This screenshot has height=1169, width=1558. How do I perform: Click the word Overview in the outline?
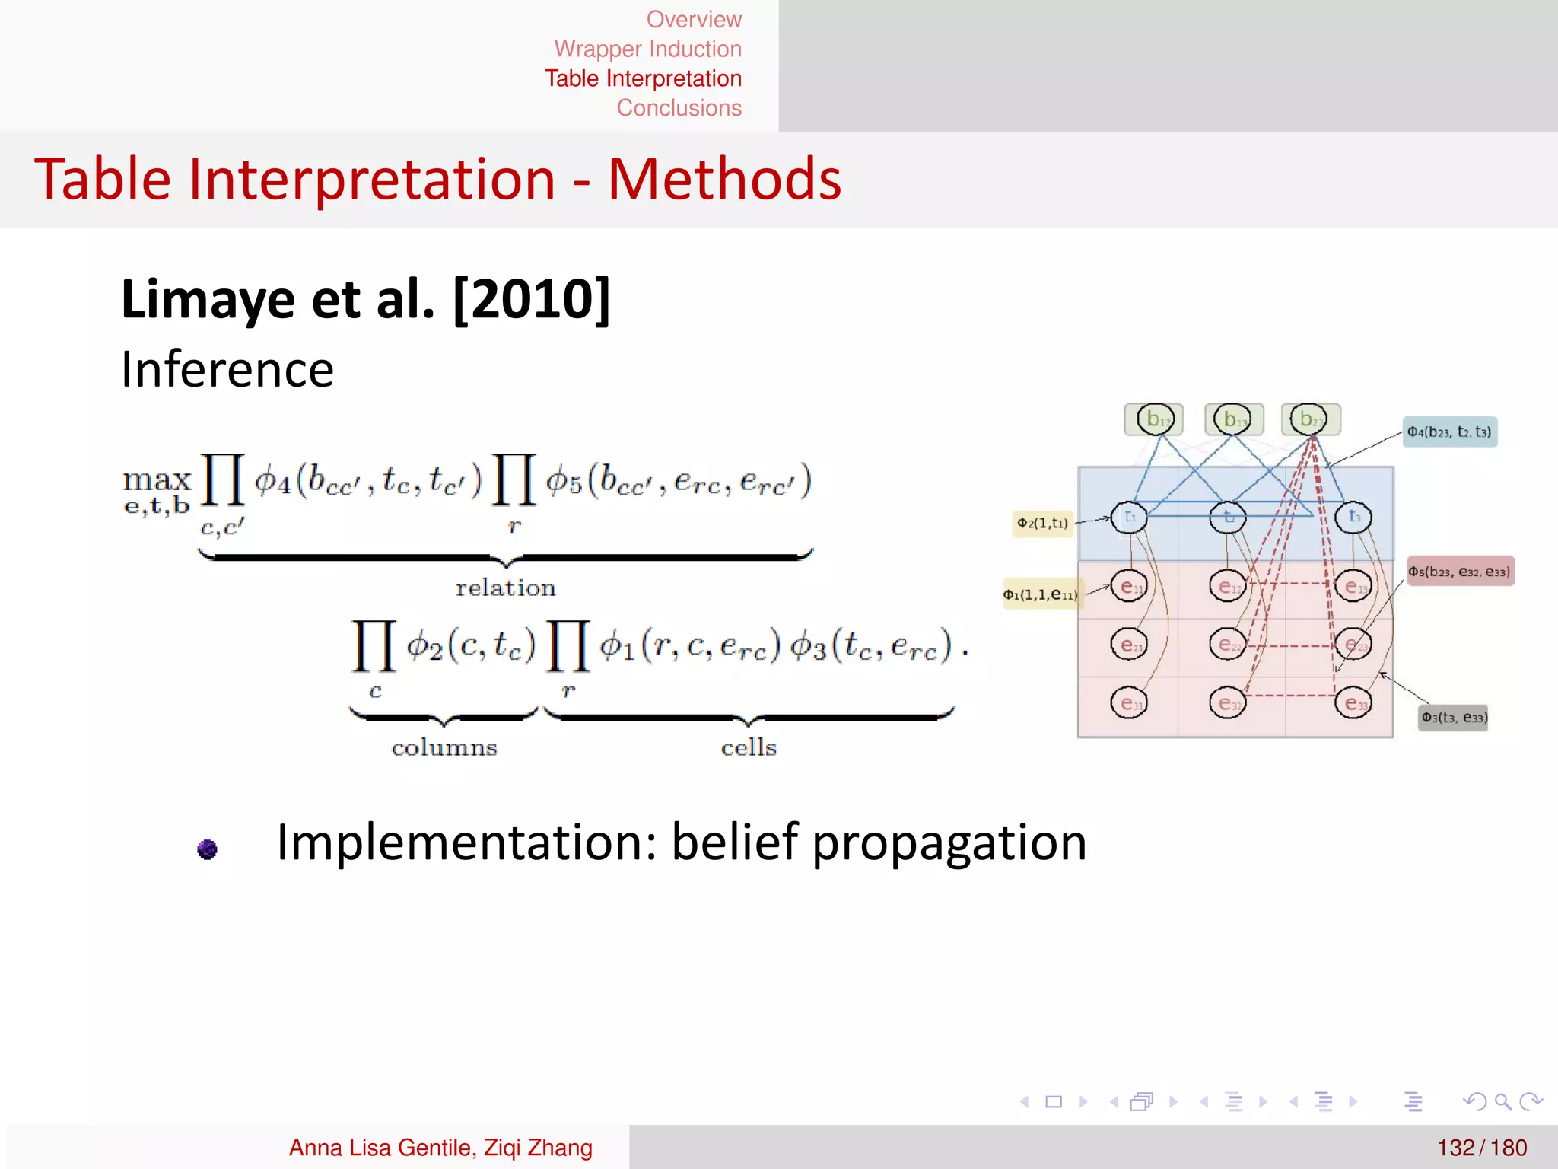[x=693, y=20]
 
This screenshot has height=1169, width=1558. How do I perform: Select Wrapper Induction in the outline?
[x=647, y=49]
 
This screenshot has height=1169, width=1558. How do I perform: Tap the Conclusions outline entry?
[x=679, y=108]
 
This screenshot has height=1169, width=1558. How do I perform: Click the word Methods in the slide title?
[x=724, y=180]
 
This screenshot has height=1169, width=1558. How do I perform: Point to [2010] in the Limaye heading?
[x=532, y=300]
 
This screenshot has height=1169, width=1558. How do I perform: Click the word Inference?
[x=227, y=370]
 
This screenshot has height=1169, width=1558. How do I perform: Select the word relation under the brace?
[x=506, y=588]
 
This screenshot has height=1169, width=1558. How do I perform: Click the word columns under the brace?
[x=444, y=747]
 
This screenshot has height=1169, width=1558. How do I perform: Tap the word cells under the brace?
[x=749, y=747]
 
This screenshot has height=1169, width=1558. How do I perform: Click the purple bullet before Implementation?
[x=207, y=849]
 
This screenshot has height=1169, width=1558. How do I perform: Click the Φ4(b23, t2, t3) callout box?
[x=1449, y=432]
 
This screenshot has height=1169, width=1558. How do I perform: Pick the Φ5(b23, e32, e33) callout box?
[x=1459, y=572]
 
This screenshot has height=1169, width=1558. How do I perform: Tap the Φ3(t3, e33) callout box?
[x=1454, y=717]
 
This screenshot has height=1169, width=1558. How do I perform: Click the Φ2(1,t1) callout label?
[x=1042, y=523]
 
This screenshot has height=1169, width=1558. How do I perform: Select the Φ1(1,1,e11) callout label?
[x=1040, y=594]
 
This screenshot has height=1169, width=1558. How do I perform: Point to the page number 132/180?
[x=1482, y=1147]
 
